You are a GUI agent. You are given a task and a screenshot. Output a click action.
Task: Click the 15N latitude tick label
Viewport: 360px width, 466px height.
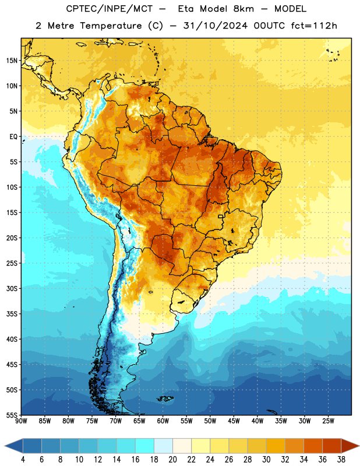[12, 61]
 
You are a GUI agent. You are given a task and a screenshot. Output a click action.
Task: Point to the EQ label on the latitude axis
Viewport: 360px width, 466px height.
[13, 137]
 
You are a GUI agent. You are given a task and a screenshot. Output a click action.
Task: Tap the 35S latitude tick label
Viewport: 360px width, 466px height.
[12, 314]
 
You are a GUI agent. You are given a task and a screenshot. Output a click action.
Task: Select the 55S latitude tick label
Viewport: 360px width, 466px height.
[12, 415]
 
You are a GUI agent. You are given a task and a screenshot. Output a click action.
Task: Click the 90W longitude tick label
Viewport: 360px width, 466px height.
[21, 421]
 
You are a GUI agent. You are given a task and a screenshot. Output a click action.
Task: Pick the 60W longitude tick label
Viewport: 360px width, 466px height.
[163, 421]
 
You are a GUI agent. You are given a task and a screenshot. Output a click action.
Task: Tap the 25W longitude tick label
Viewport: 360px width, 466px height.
[328, 421]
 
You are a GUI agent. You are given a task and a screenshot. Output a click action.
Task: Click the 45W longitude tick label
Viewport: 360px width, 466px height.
[234, 421]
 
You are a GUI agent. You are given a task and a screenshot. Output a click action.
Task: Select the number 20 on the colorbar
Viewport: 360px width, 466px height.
[172, 460]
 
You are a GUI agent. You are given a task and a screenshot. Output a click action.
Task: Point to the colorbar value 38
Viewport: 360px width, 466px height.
[341, 460]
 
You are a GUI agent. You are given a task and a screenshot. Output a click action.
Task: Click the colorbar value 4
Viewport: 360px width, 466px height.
[23, 460]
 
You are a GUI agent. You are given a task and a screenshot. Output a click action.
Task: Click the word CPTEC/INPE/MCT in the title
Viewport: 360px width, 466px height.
[109, 9]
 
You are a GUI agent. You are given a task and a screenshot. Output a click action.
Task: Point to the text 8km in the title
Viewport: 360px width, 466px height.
[243, 9]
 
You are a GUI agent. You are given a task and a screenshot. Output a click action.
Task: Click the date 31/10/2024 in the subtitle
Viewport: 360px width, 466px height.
[215, 26]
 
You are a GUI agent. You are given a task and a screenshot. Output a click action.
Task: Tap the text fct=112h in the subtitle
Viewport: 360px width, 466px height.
[314, 26]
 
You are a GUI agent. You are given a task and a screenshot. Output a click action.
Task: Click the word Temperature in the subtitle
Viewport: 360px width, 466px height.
[111, 26]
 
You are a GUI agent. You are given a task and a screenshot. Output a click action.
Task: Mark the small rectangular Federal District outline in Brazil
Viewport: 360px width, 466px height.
[221, 216]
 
